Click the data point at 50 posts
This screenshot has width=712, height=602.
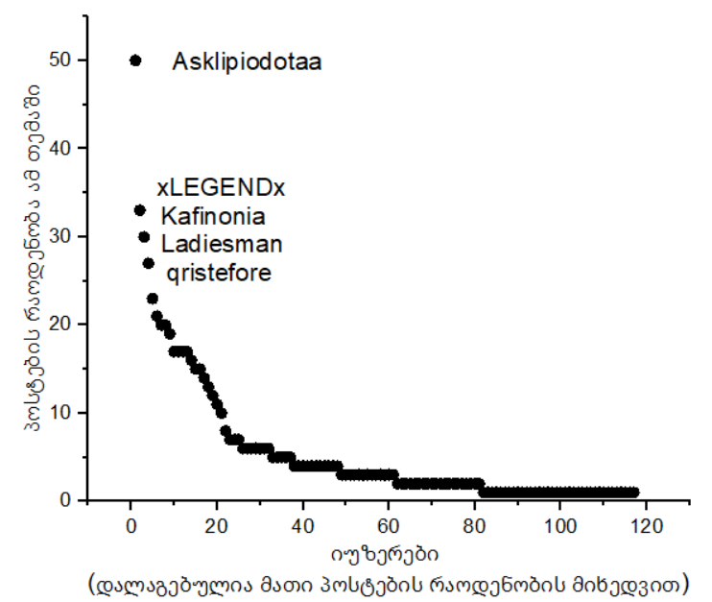[x=135, y=60]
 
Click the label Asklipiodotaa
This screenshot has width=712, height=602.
[x=246, y=63]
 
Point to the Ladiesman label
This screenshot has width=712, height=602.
[x=222, y=244]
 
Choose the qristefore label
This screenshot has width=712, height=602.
[x=220, y=273]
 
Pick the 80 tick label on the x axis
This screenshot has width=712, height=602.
[x=475, y=524]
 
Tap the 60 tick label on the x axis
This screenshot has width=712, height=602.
[x=390, y=524]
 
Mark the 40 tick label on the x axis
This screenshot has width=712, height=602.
[x=303, y=524]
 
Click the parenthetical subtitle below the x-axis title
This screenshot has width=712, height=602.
[x=389, y=582]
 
